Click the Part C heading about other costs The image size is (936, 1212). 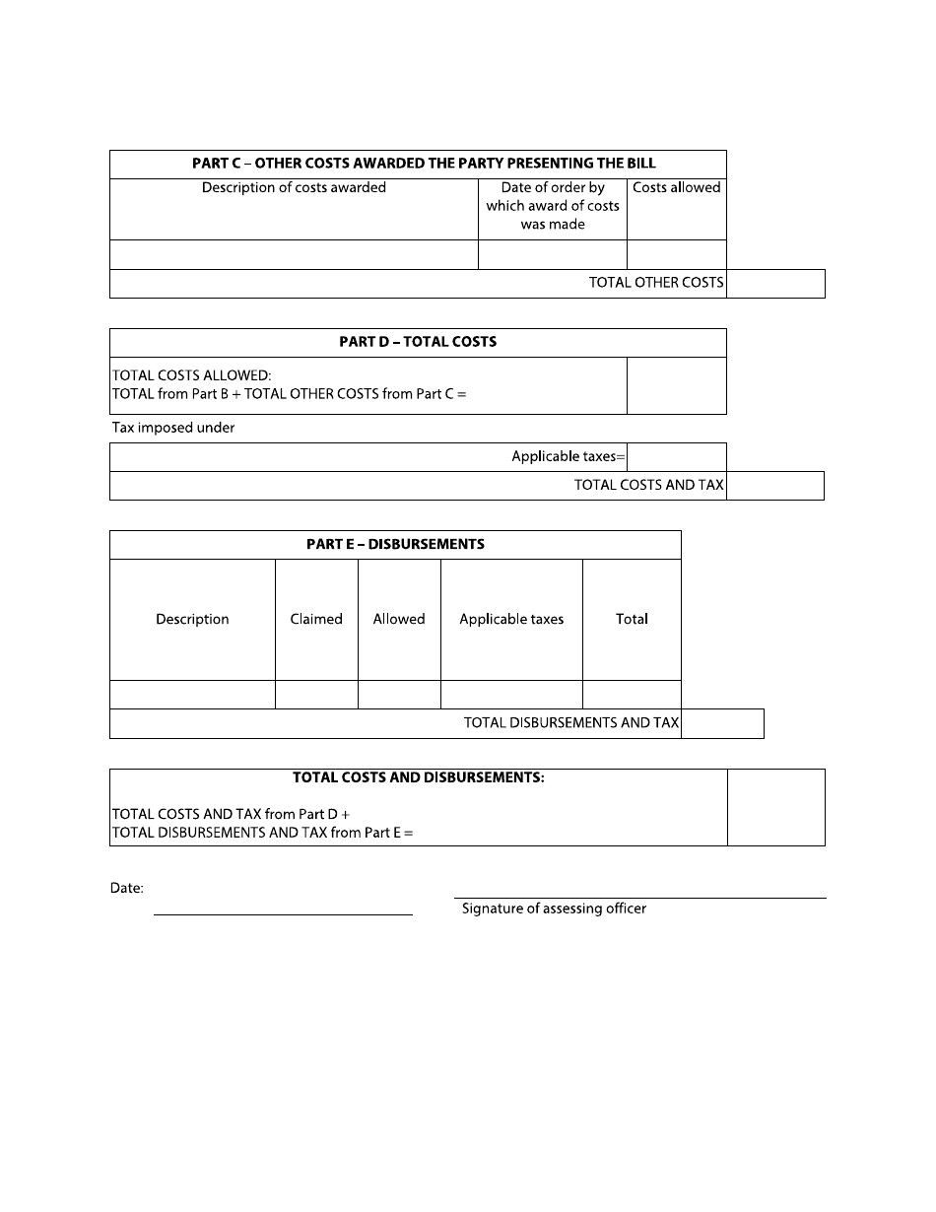coord(424,164)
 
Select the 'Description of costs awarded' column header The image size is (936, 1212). coord(294,187)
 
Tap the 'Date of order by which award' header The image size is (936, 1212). coord(553,206)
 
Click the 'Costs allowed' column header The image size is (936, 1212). coord(677,187)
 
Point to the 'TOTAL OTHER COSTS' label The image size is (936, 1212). coord(656,283)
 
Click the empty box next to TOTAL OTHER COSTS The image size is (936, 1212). coord(775,284)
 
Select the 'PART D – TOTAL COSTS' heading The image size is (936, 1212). coord(418,342)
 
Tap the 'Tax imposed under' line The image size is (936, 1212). coord(173,428)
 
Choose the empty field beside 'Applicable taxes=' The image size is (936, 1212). coord(676,457)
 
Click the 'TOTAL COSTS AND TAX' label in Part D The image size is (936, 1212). coord(648,486)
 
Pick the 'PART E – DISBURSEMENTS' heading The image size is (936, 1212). coord(395,544)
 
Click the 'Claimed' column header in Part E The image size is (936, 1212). coord(316,619)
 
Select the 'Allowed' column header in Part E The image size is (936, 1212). coord(399,619)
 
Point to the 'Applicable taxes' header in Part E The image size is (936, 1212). coord(511,619)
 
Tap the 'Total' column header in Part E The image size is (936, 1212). coord(632,619)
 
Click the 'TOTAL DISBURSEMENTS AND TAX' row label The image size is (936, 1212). coord(571,723)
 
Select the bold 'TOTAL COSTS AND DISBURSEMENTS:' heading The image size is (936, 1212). coord(419,777)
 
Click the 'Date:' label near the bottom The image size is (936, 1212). coord(127,889)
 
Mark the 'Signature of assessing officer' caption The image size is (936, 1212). coord(555,909)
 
